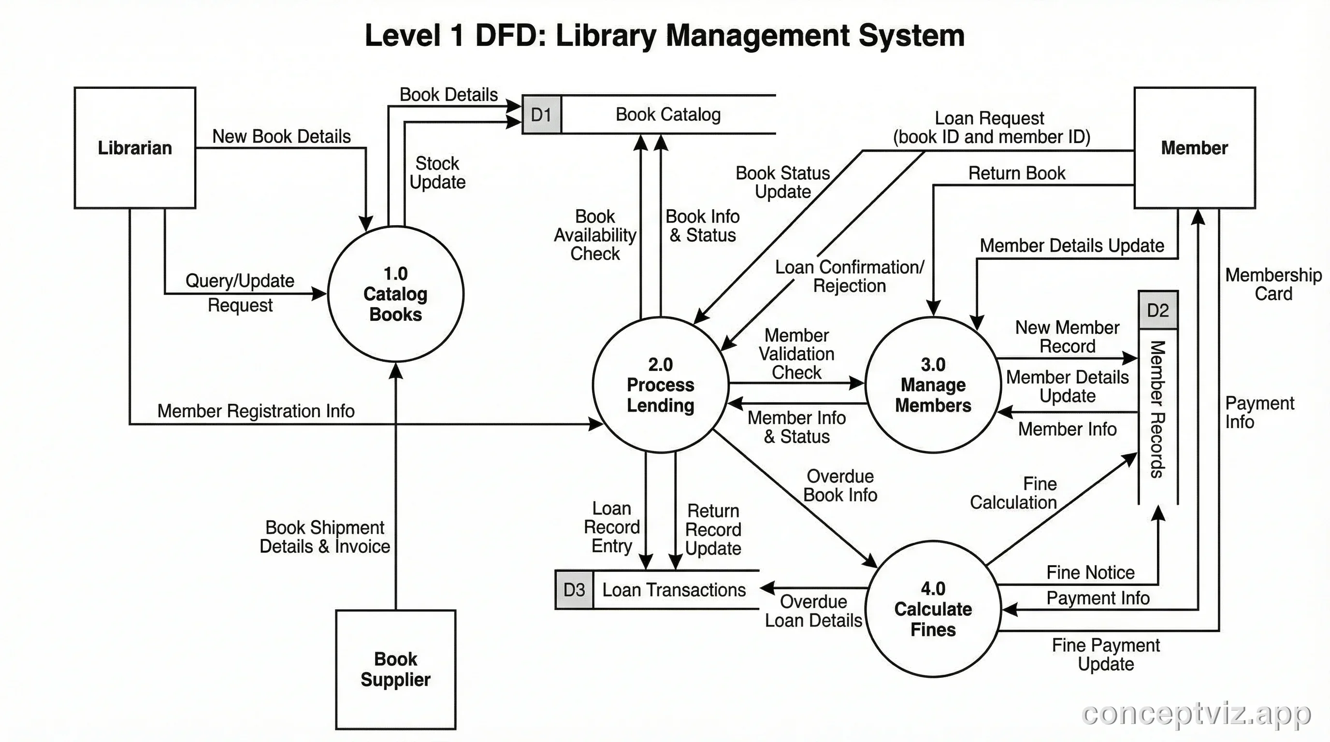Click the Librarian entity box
coord(135,147)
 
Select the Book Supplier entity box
coord(395,669)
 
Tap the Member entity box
coord(1194,147)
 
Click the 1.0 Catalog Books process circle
coord(395,294)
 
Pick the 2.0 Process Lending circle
coord(660,385)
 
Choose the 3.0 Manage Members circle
coord(933,385)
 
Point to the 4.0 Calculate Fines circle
coord(933,609)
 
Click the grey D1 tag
coord(542,114)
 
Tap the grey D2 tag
coord(1158,310)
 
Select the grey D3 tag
coord(574,590)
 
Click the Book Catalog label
coord(668,114)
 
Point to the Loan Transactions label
coord(674,590)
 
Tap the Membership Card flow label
coord(1273,285)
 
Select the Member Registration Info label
coord(256,411)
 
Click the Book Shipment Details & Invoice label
coord(325,537)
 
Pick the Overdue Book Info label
coord(840,485)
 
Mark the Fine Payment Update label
coord(1105,654)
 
